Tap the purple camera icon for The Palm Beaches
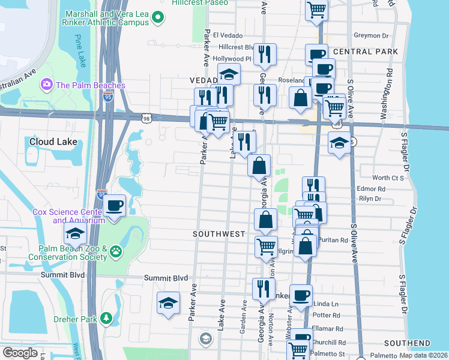[46, 85]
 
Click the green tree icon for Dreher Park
[106, 317]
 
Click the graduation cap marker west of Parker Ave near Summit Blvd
[168, 304]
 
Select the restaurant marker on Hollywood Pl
[264, 55]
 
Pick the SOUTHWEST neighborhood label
[218, 233]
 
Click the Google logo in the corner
[20, 353]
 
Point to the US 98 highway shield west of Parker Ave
[146, 119]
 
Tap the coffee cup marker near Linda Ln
[301, 295]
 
